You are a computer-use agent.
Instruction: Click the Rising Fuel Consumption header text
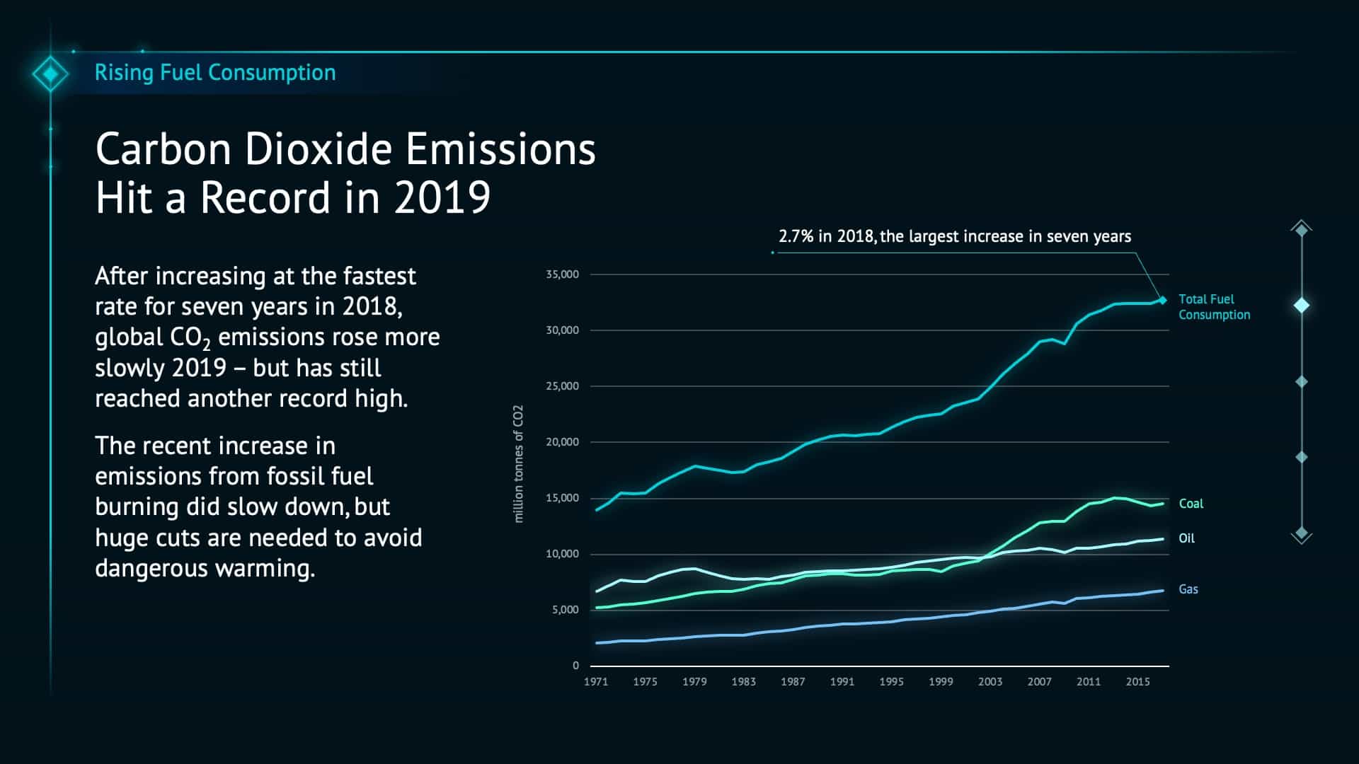point(215,73)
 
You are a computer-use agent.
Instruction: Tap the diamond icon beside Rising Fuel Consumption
point(50,74)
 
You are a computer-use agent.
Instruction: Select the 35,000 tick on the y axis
point(562,274)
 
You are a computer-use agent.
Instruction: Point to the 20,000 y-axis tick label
point(562,442)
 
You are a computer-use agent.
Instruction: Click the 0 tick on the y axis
point(575,666)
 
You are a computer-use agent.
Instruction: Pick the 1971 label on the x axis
point(596,682)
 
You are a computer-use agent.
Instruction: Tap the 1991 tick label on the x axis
point(842,682)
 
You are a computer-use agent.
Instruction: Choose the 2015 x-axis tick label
point(1137,682)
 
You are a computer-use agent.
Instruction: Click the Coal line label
point(1191,504)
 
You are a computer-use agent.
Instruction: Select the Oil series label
point(1186,538)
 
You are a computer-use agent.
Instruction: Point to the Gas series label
point(1188,589)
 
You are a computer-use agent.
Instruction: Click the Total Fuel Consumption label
point(1213,307)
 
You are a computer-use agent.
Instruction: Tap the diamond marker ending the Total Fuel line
point(1162,300)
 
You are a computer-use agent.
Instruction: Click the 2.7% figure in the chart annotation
point(796,236)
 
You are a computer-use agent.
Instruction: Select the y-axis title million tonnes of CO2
point(519,464)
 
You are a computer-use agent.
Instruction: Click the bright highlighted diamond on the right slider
point(1302,306)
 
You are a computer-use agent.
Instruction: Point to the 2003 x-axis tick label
point(990,682)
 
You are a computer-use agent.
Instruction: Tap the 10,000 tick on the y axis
point(562,554)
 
